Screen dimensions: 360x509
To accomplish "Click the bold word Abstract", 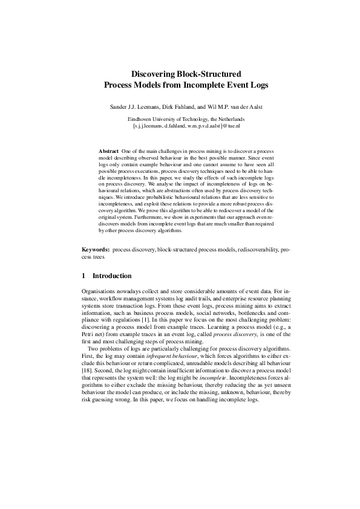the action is point(108,149).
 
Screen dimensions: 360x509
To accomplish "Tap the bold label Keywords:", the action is point(96,249).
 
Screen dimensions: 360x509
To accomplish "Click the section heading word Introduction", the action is point(112,276).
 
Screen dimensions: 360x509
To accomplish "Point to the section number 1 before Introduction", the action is point(83,276).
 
